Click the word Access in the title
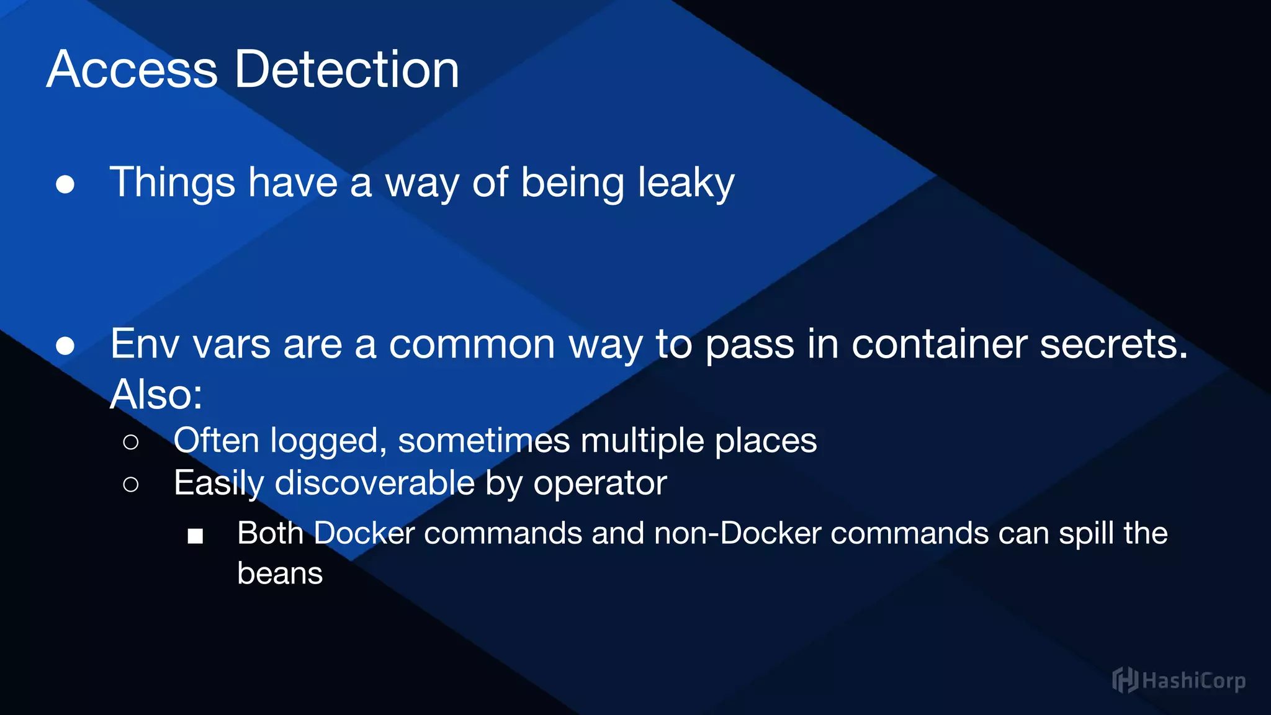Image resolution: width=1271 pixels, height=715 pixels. [x=132, y=70]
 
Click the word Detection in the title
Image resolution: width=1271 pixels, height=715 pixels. [x=347, y=70]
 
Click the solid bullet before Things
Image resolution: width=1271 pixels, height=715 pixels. [x=65, y=184]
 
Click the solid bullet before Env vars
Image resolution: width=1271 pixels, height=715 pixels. [x=65, y=346]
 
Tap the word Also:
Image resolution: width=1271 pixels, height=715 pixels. [x=156, y=394]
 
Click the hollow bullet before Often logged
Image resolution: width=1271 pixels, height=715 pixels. [x=130, y=442]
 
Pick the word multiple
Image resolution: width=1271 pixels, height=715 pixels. [x=642, y=441]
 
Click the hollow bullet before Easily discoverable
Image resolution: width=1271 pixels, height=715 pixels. [x=130, y=484]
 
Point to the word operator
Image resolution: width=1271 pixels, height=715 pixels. [x=600, y=483]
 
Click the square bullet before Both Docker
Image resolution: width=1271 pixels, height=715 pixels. [x=195, y=536]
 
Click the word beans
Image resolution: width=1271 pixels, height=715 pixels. [x=280, y=573]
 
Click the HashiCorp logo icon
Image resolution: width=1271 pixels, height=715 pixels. [x=1125, y=680]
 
